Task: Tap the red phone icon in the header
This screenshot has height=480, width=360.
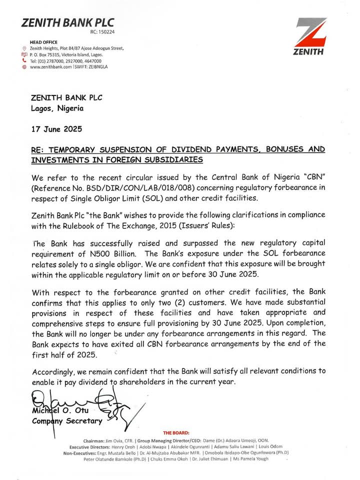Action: point(24,60)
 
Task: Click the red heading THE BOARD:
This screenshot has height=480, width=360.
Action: point(176,432)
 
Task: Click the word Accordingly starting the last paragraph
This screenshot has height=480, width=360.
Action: point(54,372)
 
